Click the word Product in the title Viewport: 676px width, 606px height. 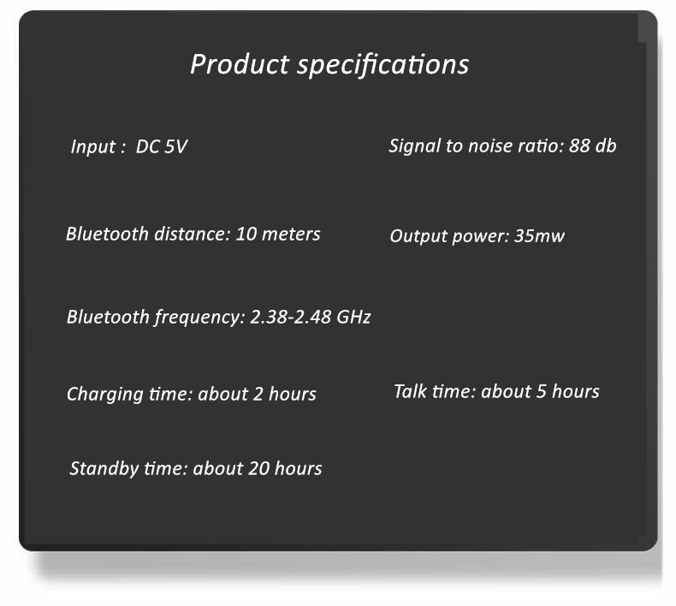240,64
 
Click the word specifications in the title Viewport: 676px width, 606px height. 383,66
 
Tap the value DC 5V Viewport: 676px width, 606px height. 162,146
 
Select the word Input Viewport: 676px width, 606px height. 92,147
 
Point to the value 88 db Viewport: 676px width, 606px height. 593,146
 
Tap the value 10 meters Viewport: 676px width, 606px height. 278,234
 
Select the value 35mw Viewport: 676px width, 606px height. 539,235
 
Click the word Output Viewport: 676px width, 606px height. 418,236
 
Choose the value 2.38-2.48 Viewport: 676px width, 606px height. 291,317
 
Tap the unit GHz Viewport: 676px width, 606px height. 353,317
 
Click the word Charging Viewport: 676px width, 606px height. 105,395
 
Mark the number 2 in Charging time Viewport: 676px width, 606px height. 258,394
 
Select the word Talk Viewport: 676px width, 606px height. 410,391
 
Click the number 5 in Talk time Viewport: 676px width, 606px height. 542,392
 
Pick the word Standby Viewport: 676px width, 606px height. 104,469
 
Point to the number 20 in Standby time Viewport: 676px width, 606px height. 259,468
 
